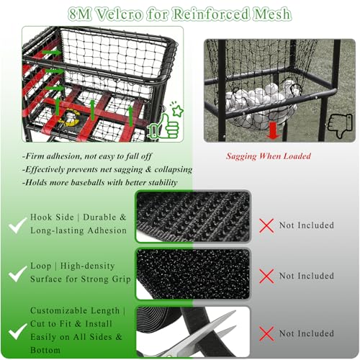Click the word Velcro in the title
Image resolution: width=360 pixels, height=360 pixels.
click(x=120, y=14)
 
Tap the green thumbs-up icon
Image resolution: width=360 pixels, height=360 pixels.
click(x=165, y=124)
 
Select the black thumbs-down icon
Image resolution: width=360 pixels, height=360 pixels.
click(x=340, y=125)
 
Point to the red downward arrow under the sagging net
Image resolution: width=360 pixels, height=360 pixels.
click(x=273, y=130)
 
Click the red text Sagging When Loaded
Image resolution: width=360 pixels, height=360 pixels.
click(x=269, y=156)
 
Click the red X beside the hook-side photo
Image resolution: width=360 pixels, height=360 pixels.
click(x=266, y=225)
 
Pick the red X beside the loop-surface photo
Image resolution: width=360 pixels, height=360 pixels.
click(x=266, y=276)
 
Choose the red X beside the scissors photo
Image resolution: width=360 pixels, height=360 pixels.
click(x=266, y=333)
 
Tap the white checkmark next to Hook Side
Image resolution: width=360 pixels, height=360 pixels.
click(x=17, y=225)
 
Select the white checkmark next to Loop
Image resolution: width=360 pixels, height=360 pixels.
click(x=17, y=274)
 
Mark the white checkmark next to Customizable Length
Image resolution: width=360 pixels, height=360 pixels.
click(x=17, y=331)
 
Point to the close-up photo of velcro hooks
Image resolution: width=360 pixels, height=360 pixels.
click(x=193, y=217)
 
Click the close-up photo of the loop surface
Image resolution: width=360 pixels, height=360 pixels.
click(x=193, y=274)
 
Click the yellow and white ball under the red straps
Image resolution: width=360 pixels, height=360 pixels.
click(x=70, y=117)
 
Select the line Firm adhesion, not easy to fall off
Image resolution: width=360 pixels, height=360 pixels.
click(x=87, y=156)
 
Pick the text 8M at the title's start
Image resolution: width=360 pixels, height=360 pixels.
click(x=80, y=14)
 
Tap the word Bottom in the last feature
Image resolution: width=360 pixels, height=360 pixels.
click(x=45, y=350)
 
